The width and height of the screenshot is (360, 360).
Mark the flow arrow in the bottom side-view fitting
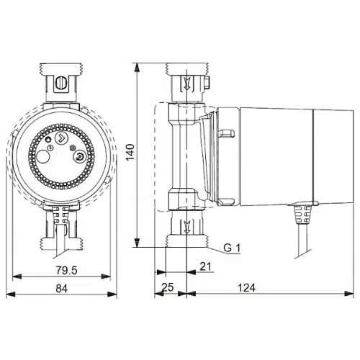point(187,230)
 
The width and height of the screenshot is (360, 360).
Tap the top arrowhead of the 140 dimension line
point(136,67)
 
